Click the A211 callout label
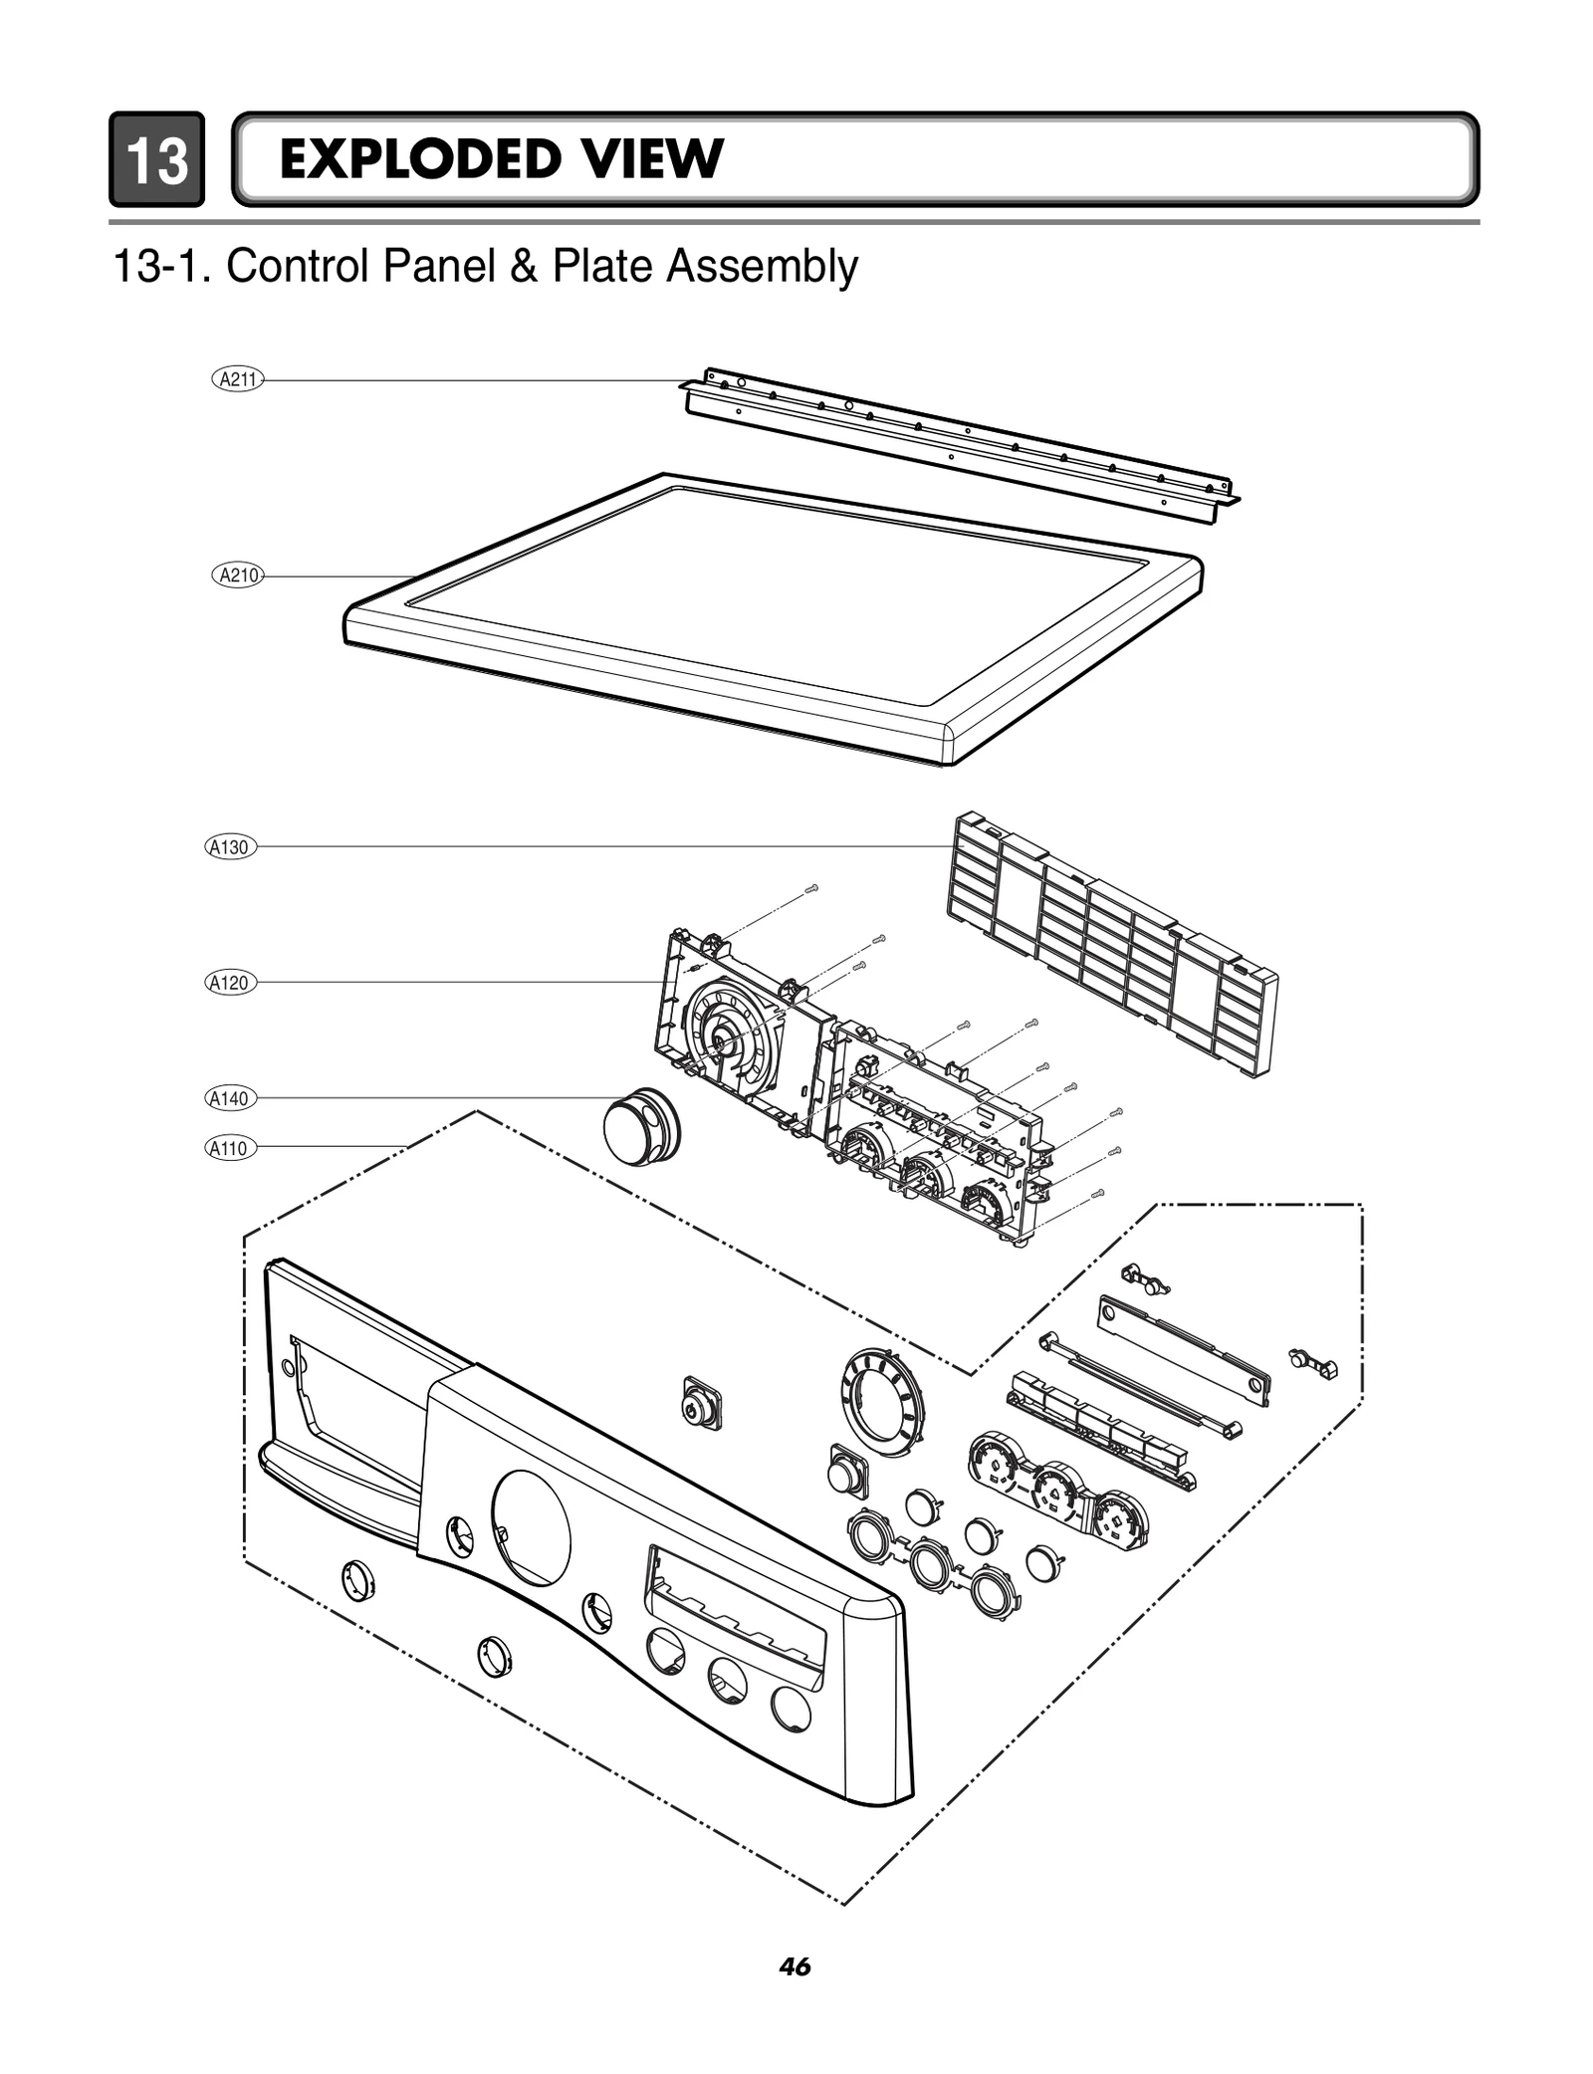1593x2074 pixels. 238,378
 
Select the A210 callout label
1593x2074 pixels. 238,575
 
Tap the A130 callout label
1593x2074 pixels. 230,847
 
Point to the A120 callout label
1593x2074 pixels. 230,983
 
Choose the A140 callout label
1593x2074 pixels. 230,1098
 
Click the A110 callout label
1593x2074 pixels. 230,1148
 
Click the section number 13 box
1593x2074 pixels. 156,159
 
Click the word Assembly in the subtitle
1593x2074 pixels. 762,267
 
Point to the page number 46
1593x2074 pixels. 796,1966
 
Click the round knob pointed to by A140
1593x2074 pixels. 640,1129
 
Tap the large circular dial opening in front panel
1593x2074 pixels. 532,1527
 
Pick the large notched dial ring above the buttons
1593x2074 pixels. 878,1395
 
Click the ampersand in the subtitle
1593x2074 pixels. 523,267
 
